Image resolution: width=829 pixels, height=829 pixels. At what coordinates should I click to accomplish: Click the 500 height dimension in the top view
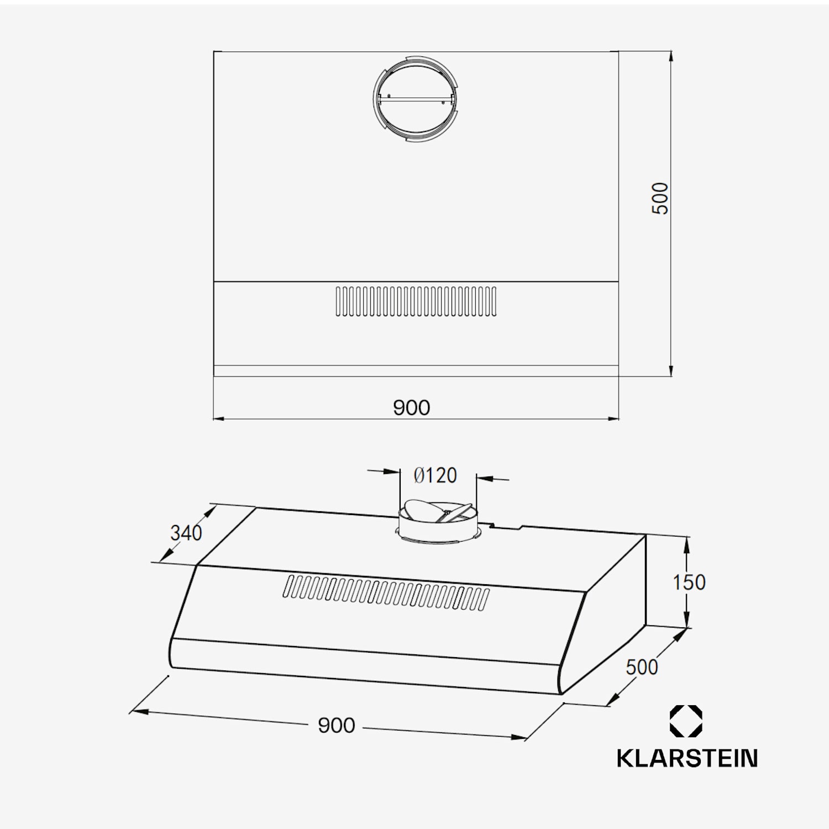(660, 198)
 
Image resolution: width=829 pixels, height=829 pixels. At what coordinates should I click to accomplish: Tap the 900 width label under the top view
(411, 408)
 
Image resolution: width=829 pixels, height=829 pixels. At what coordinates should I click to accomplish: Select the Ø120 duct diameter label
(436, 475)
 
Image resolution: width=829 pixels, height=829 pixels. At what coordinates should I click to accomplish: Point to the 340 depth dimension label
(186, 533)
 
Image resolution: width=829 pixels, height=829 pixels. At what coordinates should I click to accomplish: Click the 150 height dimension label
(689, 582)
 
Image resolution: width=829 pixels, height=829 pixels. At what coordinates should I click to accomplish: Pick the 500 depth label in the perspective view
(642, 667)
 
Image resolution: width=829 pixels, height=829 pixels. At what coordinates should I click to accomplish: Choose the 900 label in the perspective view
(336, 725)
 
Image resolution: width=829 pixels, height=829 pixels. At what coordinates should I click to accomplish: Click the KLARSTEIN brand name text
(687, 758)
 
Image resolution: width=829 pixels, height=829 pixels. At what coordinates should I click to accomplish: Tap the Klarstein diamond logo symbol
(686, 721)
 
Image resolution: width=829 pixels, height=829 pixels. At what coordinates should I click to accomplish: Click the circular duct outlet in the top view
(416, 99)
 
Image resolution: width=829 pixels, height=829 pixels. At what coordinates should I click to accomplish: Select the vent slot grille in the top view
(416, 301)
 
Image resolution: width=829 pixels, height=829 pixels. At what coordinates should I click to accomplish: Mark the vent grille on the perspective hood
(386, 592)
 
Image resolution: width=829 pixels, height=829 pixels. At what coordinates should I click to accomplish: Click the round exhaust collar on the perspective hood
(437, 522)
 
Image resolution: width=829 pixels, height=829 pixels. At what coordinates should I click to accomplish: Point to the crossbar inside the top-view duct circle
(416, 100)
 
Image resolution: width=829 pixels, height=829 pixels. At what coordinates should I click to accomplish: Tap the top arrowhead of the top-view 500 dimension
(671, 56)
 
